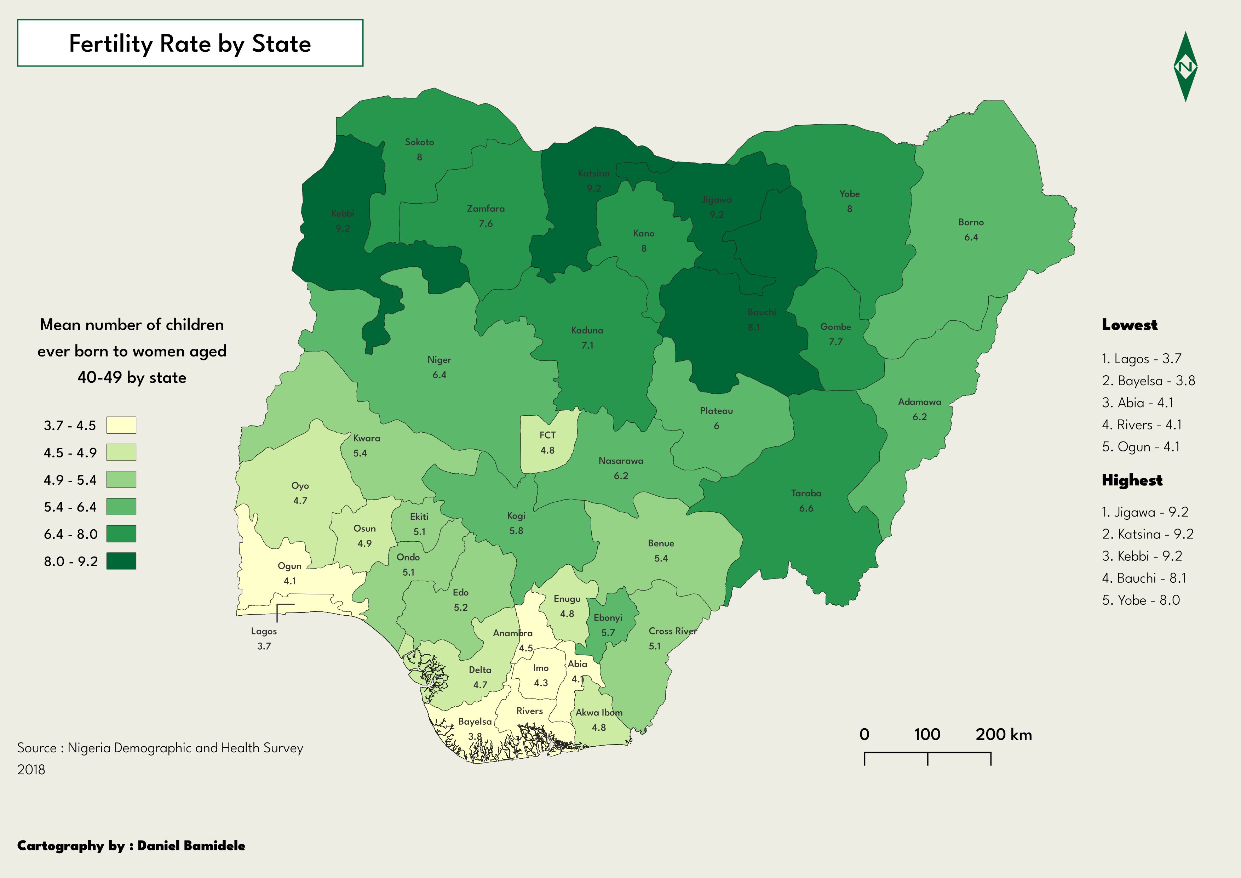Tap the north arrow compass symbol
tap(1185, 67)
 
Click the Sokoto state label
tap(419, 142)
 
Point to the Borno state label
tap(971, 222)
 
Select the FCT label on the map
tap(547, 435)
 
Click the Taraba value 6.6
tap(806, 508)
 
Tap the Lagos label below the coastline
tap(264, 631)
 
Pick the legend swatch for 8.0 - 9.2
tap(121, 561)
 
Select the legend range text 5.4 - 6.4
tap(70, 507)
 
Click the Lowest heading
tap(1130, 325)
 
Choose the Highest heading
tap(1132, 480)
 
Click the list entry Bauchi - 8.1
tap(1144, 578)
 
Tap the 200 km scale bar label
tap(1003, 734)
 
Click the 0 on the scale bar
tap(864, 734)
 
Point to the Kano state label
tap(643, 234)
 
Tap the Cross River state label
tap(672, 631)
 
